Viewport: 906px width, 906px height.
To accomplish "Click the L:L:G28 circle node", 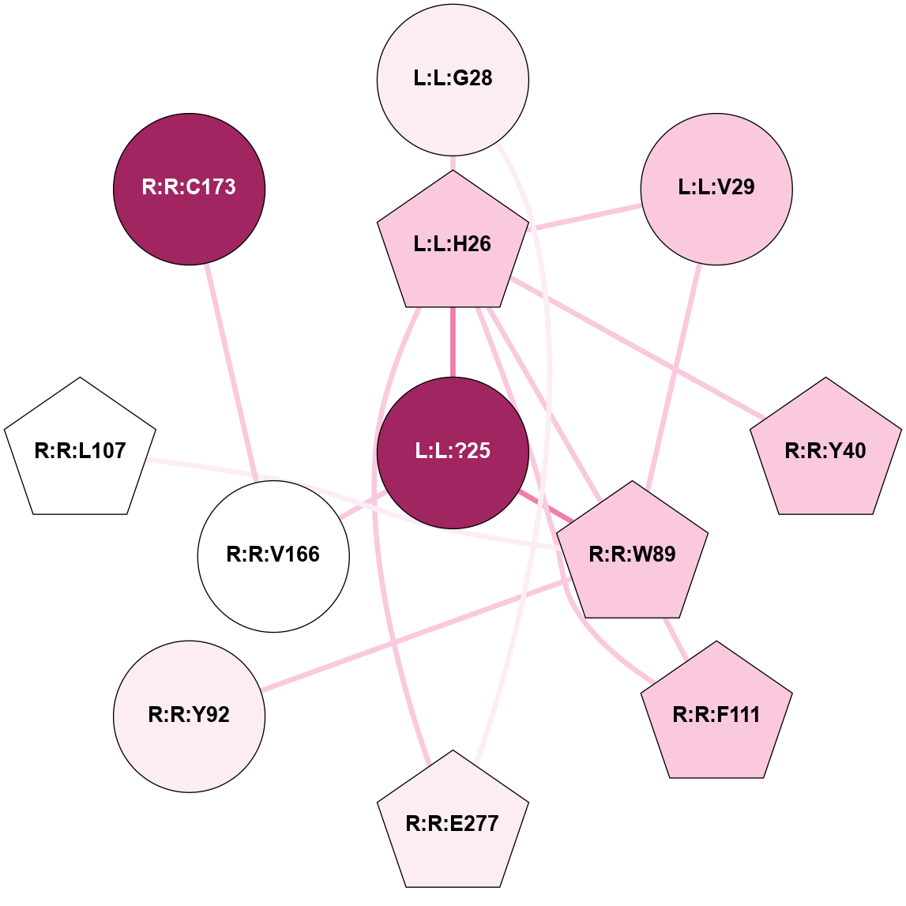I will click(453, 79).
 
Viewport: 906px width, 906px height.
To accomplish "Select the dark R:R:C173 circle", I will click(190, 189).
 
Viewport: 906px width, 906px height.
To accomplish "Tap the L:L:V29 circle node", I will click(716, 189).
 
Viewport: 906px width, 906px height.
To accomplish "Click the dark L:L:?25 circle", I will click(453, 452).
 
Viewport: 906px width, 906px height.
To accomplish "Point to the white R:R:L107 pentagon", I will click(80, 451).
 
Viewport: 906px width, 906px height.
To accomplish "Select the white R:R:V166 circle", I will click(273, 555).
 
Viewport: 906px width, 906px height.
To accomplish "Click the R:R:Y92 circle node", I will click(190, 716).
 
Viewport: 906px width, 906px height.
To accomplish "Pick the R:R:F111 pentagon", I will click(716, 715).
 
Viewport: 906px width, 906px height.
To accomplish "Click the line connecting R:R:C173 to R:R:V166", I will click(230, 371).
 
